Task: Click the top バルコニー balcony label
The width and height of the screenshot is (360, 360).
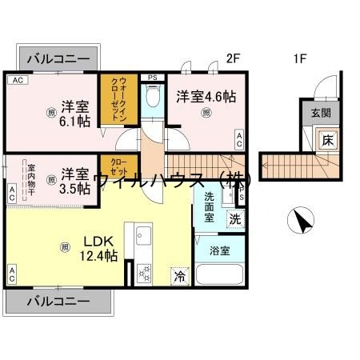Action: tap(58, 58)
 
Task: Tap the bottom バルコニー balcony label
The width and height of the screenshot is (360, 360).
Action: tap(58, 301)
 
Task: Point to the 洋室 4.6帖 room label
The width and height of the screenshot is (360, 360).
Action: tap(206, 96)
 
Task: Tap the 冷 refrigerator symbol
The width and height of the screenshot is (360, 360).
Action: tap(182, 275)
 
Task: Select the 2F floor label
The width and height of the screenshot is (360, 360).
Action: tap(233, 58)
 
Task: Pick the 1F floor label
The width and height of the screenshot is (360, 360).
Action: tap(300, 58)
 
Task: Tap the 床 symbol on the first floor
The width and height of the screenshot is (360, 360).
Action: tap(327, 140)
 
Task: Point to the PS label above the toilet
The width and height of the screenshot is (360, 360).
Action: tap(152, 77)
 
